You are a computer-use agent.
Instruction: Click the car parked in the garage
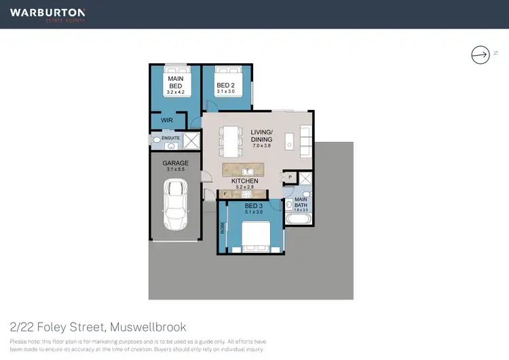175,205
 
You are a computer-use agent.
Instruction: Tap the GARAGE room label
175,164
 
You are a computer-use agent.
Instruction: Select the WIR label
167,120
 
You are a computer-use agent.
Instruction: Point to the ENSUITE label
170,138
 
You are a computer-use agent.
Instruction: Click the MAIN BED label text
176,82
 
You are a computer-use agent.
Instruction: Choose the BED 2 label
226,86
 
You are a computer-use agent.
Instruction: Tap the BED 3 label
253,206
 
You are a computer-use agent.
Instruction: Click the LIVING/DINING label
261,136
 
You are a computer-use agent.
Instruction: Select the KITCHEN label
245,181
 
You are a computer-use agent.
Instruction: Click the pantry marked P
290,177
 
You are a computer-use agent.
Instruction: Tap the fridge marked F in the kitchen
225,194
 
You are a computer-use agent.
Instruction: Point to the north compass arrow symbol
480,54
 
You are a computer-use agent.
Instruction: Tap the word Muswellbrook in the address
147,327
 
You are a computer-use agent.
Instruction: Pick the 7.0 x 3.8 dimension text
261,145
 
